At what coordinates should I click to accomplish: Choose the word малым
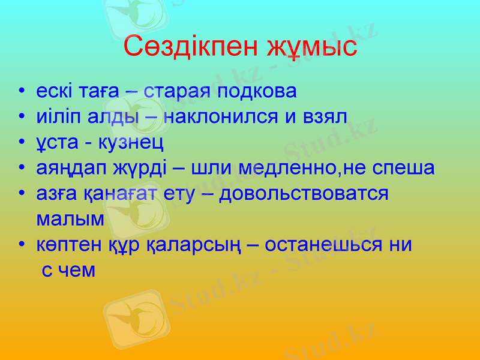(70, 219)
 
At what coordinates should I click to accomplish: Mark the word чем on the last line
(77, 271)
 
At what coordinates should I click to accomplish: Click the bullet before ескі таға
(22, 92)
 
